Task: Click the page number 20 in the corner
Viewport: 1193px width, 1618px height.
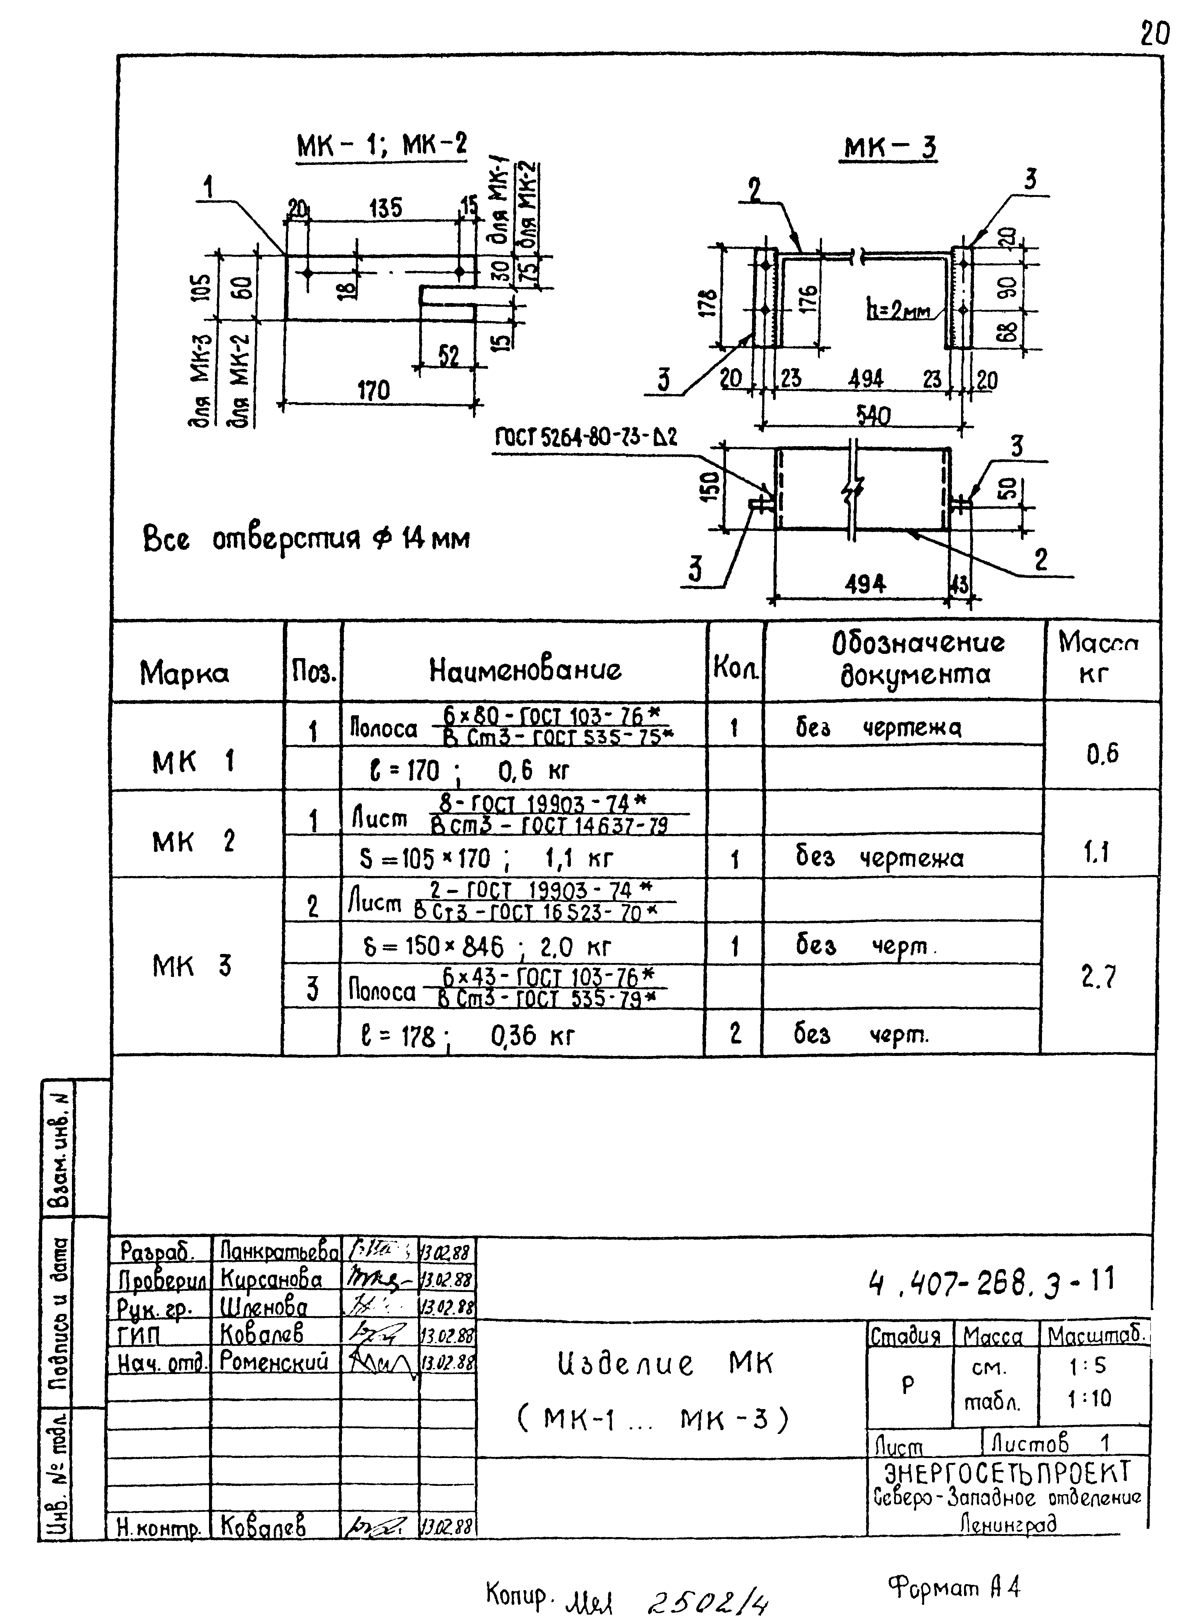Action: point(1154,34)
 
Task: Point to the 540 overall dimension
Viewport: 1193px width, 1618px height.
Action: point(873,414)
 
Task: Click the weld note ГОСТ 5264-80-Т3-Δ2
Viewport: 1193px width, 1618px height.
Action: point(586,437)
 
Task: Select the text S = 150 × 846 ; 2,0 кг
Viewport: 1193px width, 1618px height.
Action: point(486,946)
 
